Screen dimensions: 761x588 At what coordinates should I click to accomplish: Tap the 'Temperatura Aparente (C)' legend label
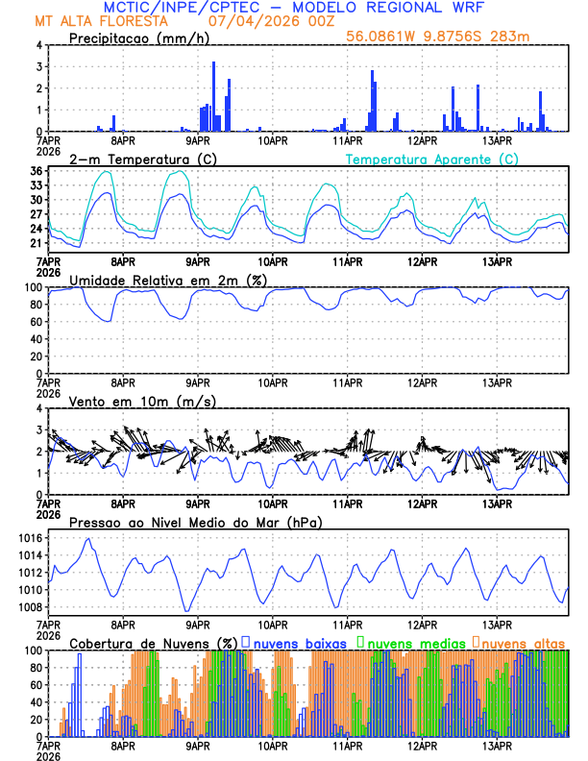[431, 159]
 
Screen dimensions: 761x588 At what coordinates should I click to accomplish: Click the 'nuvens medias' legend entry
[413, 643]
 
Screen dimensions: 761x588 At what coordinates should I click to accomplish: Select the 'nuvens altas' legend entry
[523, 643]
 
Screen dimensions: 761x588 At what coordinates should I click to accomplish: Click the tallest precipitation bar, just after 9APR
[213, 96]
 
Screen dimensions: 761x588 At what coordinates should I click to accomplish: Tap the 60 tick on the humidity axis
[33, 322]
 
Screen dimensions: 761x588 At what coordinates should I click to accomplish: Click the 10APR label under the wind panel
[273, 503]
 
